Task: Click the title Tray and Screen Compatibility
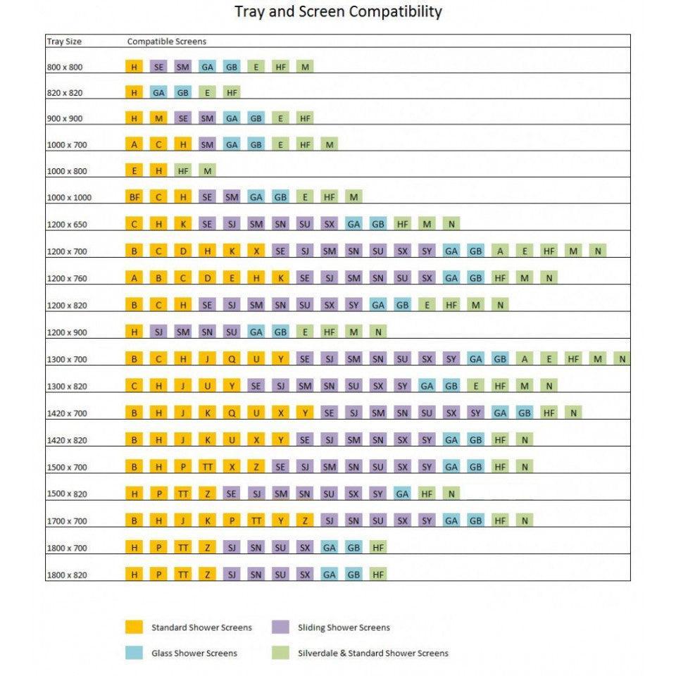point(338,12)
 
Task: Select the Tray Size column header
point(64,42)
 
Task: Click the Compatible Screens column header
point(166,42)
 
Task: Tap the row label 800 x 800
point(65,67)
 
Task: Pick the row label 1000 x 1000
point(68,198)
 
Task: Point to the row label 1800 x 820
point(67,575)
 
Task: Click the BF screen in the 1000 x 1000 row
point(134,197)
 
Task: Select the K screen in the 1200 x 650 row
point(183,224)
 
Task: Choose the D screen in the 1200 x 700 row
point(183,251)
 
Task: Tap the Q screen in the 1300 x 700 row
point(232,359)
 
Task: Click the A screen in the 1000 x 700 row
point(134,144)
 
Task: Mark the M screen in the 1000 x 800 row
point(207,171)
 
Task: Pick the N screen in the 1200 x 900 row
point(378,332)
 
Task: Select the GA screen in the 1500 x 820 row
point(402,494)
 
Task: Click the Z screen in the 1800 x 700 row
point(207,548)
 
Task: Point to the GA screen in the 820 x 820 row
point(158,92)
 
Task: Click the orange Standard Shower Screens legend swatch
point(134,627)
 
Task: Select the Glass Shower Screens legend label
point(194,653)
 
